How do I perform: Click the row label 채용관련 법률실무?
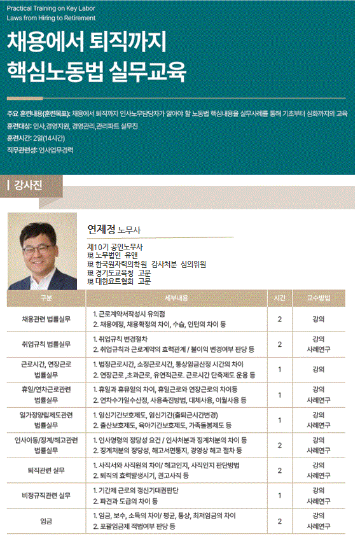click(x=46, y=319)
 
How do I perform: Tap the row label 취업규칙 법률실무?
click(x=46, y=344)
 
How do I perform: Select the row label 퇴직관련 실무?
click(x=46, y=470)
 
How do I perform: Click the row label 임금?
click(x=46, y=521)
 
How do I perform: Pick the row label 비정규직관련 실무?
click(x=46, y=495)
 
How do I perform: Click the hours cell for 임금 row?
click(x=279, y=521)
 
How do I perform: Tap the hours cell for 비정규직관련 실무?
click(x=279, y=495)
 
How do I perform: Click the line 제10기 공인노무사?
click(x=115, y=246)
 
